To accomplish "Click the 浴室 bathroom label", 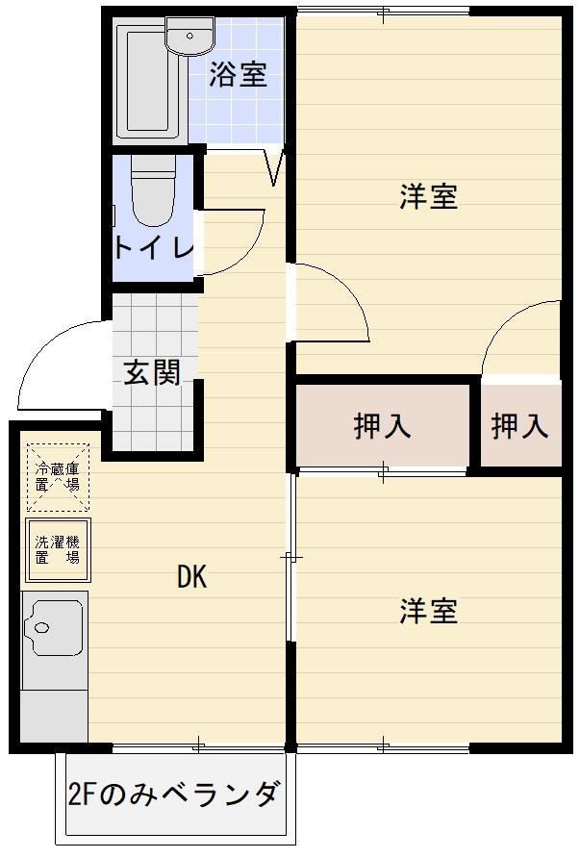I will (238, 75).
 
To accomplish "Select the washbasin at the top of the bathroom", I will (189, 36).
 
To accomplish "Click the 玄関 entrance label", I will (152, 371).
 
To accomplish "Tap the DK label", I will (191, 577).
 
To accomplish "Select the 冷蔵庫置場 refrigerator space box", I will (58, 475).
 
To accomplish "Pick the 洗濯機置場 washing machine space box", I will (58, 550).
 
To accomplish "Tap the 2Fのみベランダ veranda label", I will (174, 795).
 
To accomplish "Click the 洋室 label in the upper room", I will (428, 197).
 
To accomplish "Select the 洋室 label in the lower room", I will (428, 611).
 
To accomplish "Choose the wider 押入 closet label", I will (383, 425).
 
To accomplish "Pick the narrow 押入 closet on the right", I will (519, 425).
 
